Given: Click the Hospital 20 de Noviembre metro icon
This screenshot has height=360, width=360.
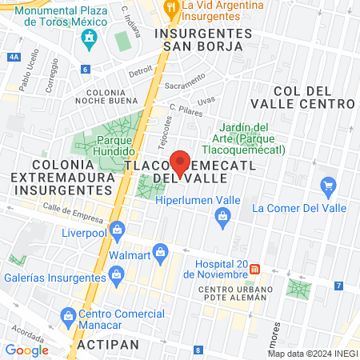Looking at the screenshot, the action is pyautogui.click(x=255, y=269).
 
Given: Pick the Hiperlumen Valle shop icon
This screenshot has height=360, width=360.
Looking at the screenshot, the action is pyautogui.click(x=223, y=214).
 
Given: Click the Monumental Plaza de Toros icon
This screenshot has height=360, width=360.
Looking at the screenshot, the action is pyautogui.click(x=90, y=38).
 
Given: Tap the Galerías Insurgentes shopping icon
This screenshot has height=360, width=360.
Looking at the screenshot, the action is pyautogui.click(x=117, y=275).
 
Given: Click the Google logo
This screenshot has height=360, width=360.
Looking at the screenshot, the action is pyautogui.click(x=26, y=350).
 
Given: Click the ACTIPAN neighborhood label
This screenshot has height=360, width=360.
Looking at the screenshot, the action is pyautogui.click(x=108, y=344).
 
